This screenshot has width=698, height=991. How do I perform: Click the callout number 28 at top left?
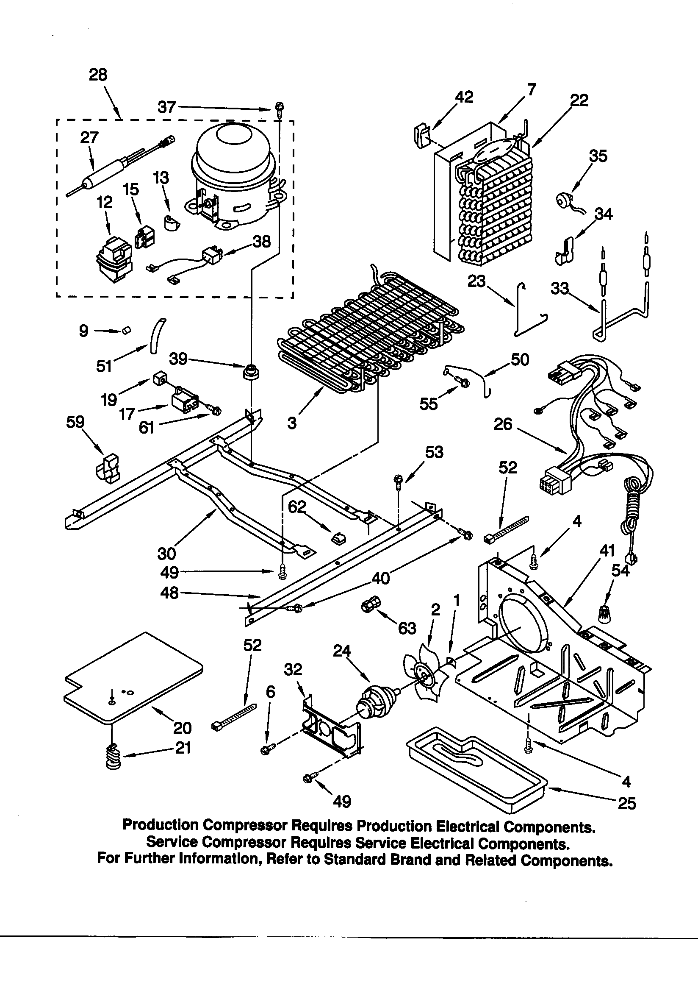point(98,75)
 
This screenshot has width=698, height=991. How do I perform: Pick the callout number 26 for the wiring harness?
point(503,424)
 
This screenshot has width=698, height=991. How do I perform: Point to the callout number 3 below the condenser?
point(292,423)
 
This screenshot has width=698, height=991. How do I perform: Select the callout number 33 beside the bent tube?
point(560,288)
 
